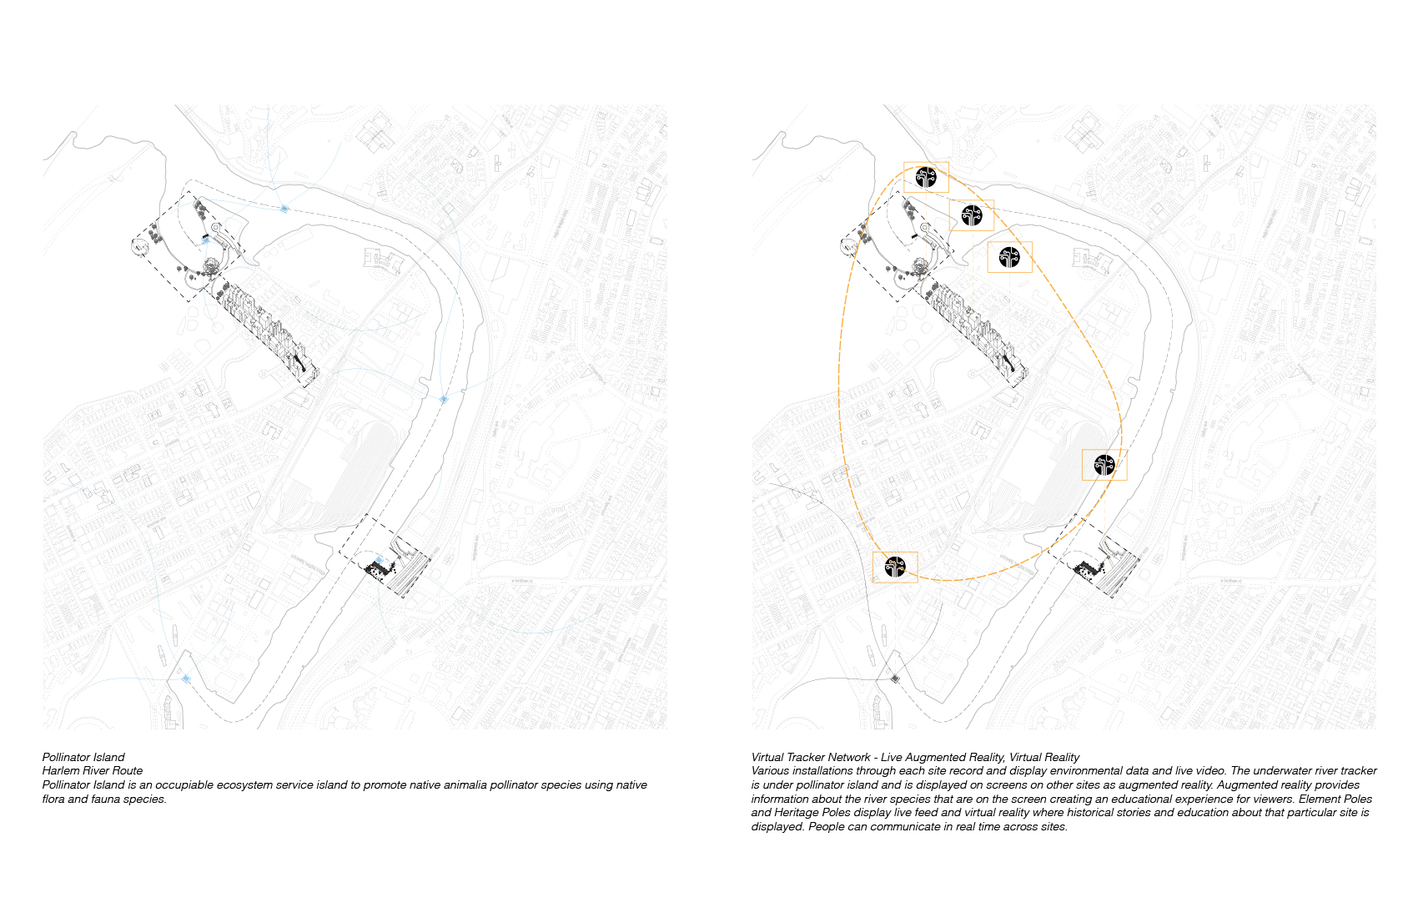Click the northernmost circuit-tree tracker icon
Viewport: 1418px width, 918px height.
tap(926, 177)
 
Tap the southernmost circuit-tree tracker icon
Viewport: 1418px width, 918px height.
tap(895, 567)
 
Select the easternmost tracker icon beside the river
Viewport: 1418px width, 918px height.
tap(1104, 465)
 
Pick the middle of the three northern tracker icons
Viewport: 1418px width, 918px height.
tap(972, 215)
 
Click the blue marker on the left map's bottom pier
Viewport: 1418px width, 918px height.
tap(186, 679)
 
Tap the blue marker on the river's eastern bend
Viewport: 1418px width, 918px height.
tap(445, 400)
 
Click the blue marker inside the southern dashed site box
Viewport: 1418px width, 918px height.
tap(379, 560)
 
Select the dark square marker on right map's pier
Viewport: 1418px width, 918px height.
tap(895, 678)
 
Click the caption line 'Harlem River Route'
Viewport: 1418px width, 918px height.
tap(93, 771)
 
